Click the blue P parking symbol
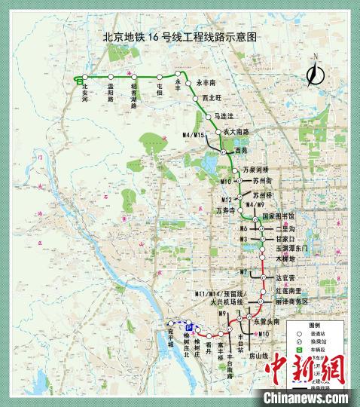click(191, 329)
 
